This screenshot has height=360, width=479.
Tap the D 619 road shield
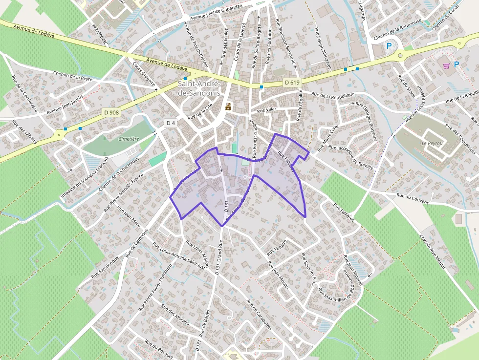(291, 83)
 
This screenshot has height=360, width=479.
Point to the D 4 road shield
(170, 123)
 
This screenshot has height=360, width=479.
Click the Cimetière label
(129, 139)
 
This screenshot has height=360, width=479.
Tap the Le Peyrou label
(431, 143)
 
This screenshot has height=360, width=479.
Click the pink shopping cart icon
(446, 65)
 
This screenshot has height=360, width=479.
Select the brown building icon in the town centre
(228, 106)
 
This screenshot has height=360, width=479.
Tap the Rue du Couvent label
(413, 199)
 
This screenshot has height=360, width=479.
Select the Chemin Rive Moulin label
(432, 252)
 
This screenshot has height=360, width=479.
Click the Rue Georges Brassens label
(367, 121)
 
